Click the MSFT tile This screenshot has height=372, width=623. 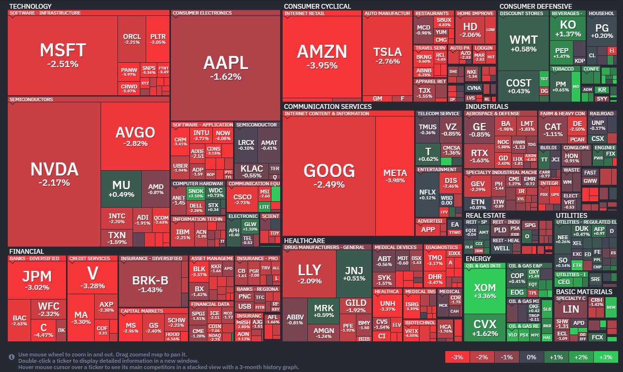(x=63, y=54)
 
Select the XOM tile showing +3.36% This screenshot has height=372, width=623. (x=485, y=292)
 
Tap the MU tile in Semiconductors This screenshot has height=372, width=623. (x=121, y=189)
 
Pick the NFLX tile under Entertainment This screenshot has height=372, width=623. (x=427, y=195)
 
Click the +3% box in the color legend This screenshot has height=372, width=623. (x=605, y=357)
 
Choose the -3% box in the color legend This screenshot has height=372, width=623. (x=457, y=357)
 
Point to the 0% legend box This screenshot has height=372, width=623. (x=531, y=357)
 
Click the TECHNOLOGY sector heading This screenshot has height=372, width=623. (x=30, y=6)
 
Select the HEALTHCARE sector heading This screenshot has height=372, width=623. (x=304, y=241)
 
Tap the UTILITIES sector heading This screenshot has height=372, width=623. (x=572, y=215)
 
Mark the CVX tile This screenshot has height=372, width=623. (x=485, y=328)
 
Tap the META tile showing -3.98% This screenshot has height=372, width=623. (x=395, y=176)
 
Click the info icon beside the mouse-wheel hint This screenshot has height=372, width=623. (x=12, y=357)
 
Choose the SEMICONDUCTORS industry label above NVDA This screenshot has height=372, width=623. (x=31, y=100)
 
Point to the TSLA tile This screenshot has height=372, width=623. (x=387, y=56)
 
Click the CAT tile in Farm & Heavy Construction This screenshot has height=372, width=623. (x=553, y=130)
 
